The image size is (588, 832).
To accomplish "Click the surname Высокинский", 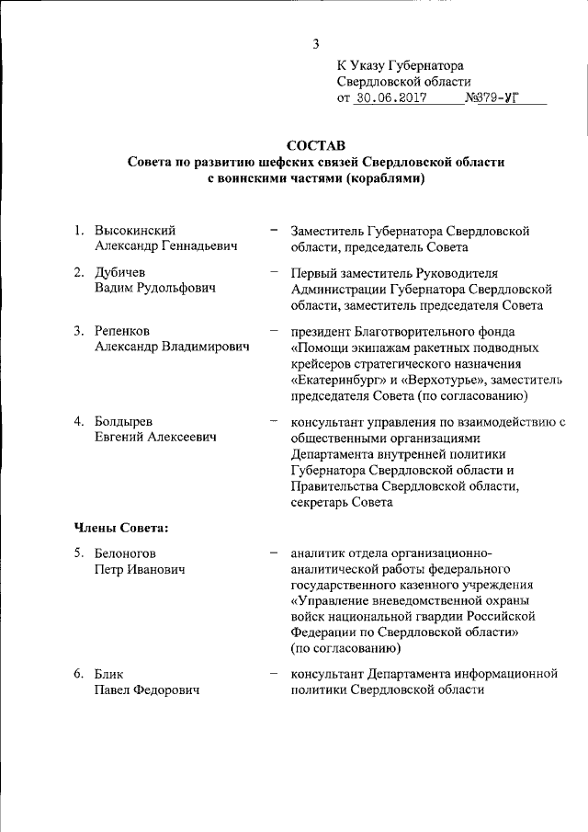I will click(136, 230).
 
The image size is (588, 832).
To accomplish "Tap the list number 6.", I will click(79, 674).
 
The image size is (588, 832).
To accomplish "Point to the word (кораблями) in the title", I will click(385, 178).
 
